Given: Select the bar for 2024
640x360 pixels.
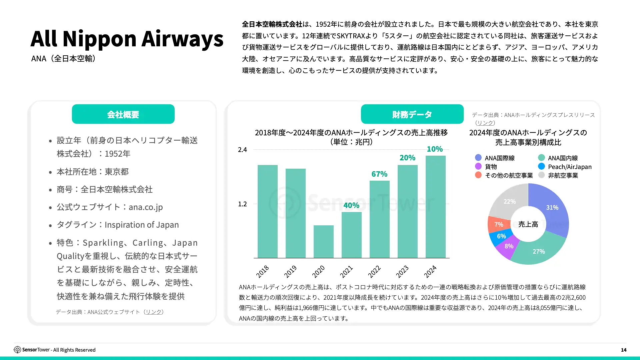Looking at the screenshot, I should pyautogui.click(x=435, y=207).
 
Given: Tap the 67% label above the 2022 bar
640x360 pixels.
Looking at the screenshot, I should pyautogui.click(x=379, y=174).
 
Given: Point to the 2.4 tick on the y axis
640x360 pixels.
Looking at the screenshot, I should pyautogui.click(x=242, y=150).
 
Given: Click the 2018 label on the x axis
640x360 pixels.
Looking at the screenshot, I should pyautogui.click(x=263, y=271).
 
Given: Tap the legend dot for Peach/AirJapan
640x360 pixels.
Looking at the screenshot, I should pyautogui.click(x=541, y=166).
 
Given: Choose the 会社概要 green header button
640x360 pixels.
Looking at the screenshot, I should pyautogui.click(x=123, y=114).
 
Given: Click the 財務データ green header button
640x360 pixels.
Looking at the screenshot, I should pyautogui.click(x=412, y=114).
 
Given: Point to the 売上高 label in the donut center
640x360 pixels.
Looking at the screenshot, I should pyautogui.click(x=528, y=224).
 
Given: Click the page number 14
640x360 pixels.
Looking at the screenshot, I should pyautogui.click(x=624, y=350).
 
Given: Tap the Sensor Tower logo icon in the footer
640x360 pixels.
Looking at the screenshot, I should pyautogui.click(x=17, y=350).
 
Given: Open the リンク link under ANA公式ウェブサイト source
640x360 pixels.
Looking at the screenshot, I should pyautogui.click(x=153, y=312).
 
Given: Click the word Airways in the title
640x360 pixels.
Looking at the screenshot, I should pyautogui.click(x=182, y=39).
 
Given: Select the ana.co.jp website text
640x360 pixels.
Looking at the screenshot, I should pyautogui.click(x=146, y=207).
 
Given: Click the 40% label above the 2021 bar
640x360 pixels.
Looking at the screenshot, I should pyautogui.click(x=351, y=205).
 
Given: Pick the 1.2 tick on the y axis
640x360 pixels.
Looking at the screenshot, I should pyautogui.click(x=242, y=204).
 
